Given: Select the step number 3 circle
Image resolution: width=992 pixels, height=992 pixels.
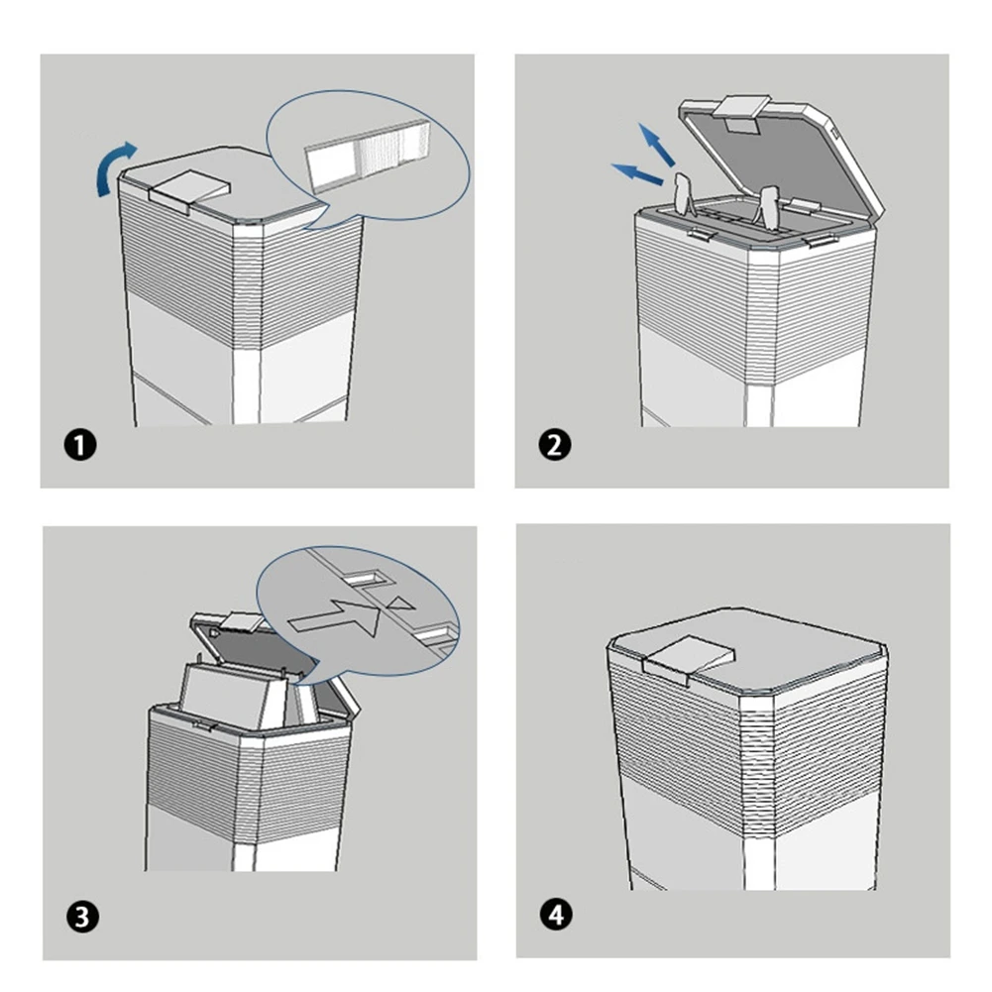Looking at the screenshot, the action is click(x=84, y=917).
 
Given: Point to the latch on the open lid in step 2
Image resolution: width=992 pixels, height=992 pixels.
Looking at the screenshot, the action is click(x=745, y=111).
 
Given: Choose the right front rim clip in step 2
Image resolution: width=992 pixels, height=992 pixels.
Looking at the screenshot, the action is click(x=819, y=239).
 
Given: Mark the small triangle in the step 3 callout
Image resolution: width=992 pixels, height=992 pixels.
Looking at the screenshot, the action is click(x=399, y=604).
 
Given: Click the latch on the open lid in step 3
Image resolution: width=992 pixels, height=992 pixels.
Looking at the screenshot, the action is click(x=237, y=623).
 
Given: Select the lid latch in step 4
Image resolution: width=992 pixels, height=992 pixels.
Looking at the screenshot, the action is click(x=688, y=658).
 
